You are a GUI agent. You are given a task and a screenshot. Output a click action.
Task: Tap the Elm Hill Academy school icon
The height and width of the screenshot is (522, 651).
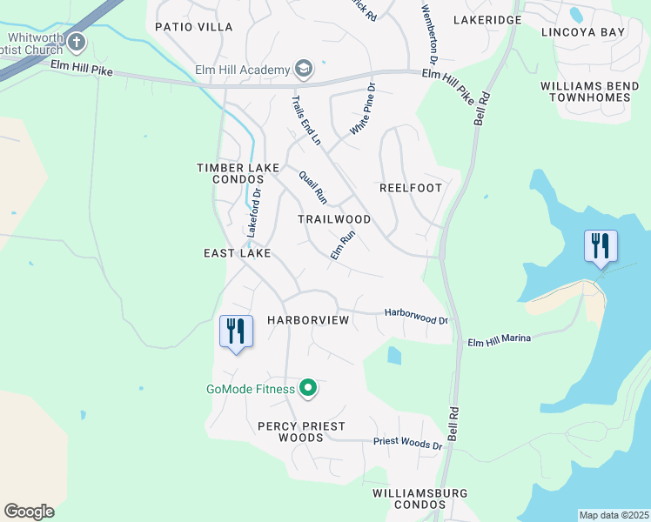pos(304,69)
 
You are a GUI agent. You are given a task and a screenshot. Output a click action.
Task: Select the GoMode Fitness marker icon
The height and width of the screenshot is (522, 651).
pos(307,388)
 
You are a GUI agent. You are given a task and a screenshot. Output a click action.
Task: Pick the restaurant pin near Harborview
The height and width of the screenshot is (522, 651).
pos(236,330)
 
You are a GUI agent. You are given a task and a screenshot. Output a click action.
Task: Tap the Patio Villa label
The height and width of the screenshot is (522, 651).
pos(194,27)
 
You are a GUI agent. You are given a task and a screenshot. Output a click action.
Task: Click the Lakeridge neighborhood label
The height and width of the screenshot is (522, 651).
pos(487,19)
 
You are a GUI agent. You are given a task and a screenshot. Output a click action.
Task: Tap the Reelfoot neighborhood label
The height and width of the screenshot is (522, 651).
pos(411,188)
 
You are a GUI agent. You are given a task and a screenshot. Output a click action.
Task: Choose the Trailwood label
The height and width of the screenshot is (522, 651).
pos(334,219)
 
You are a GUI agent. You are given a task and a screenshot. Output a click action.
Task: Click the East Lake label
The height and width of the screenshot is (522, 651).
pos(238,252)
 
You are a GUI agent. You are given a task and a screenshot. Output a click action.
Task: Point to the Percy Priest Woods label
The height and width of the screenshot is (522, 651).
pos(301,432)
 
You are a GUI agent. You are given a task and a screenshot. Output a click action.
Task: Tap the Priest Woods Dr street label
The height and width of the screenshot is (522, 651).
pos(408,444)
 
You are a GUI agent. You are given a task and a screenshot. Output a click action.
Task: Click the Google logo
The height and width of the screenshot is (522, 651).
pos(29,512)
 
